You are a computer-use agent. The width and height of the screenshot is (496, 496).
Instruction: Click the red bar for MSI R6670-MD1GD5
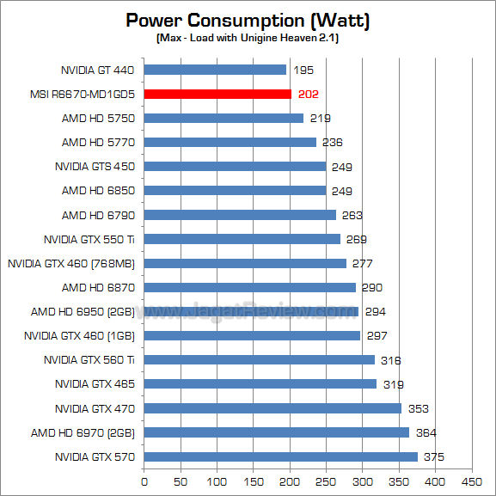pos(217,94)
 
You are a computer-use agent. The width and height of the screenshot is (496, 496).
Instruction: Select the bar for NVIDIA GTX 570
pos(280,456)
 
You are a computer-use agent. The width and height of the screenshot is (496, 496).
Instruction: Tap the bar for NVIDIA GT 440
pos(215,70)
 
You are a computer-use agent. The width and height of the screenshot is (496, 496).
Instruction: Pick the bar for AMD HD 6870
pos(249,287)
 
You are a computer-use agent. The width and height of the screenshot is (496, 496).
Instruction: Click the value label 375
pos(434,456)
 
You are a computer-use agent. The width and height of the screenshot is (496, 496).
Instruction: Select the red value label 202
pos(308,94)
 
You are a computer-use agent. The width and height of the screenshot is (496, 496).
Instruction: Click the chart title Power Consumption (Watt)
pos(248,20)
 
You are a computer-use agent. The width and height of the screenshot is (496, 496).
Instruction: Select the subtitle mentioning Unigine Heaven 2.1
pos(248,39)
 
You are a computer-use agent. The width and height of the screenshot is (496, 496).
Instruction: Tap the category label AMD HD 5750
pos(98,118)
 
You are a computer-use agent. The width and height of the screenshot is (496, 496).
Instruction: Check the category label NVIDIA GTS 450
pos(95,166)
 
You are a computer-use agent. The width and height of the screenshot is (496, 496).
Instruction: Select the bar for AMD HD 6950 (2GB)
pos(251,311)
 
